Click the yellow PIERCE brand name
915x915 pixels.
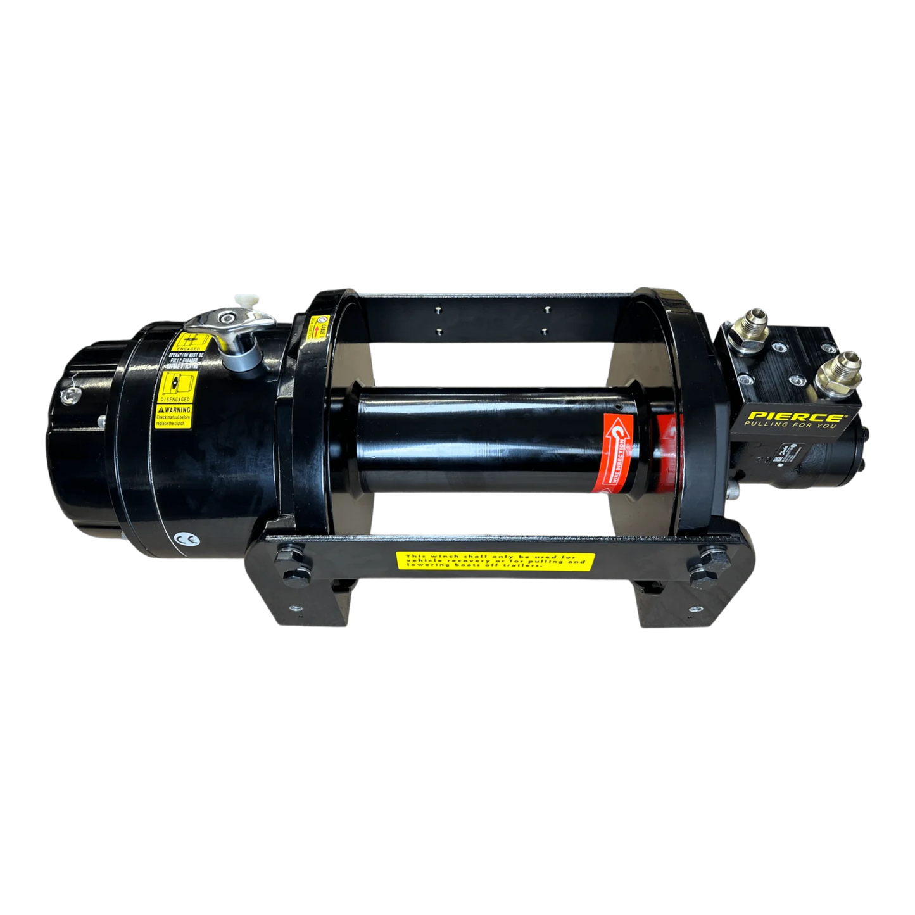click(x=795, y=417)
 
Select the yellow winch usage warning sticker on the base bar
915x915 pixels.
click(x=495, y=561)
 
